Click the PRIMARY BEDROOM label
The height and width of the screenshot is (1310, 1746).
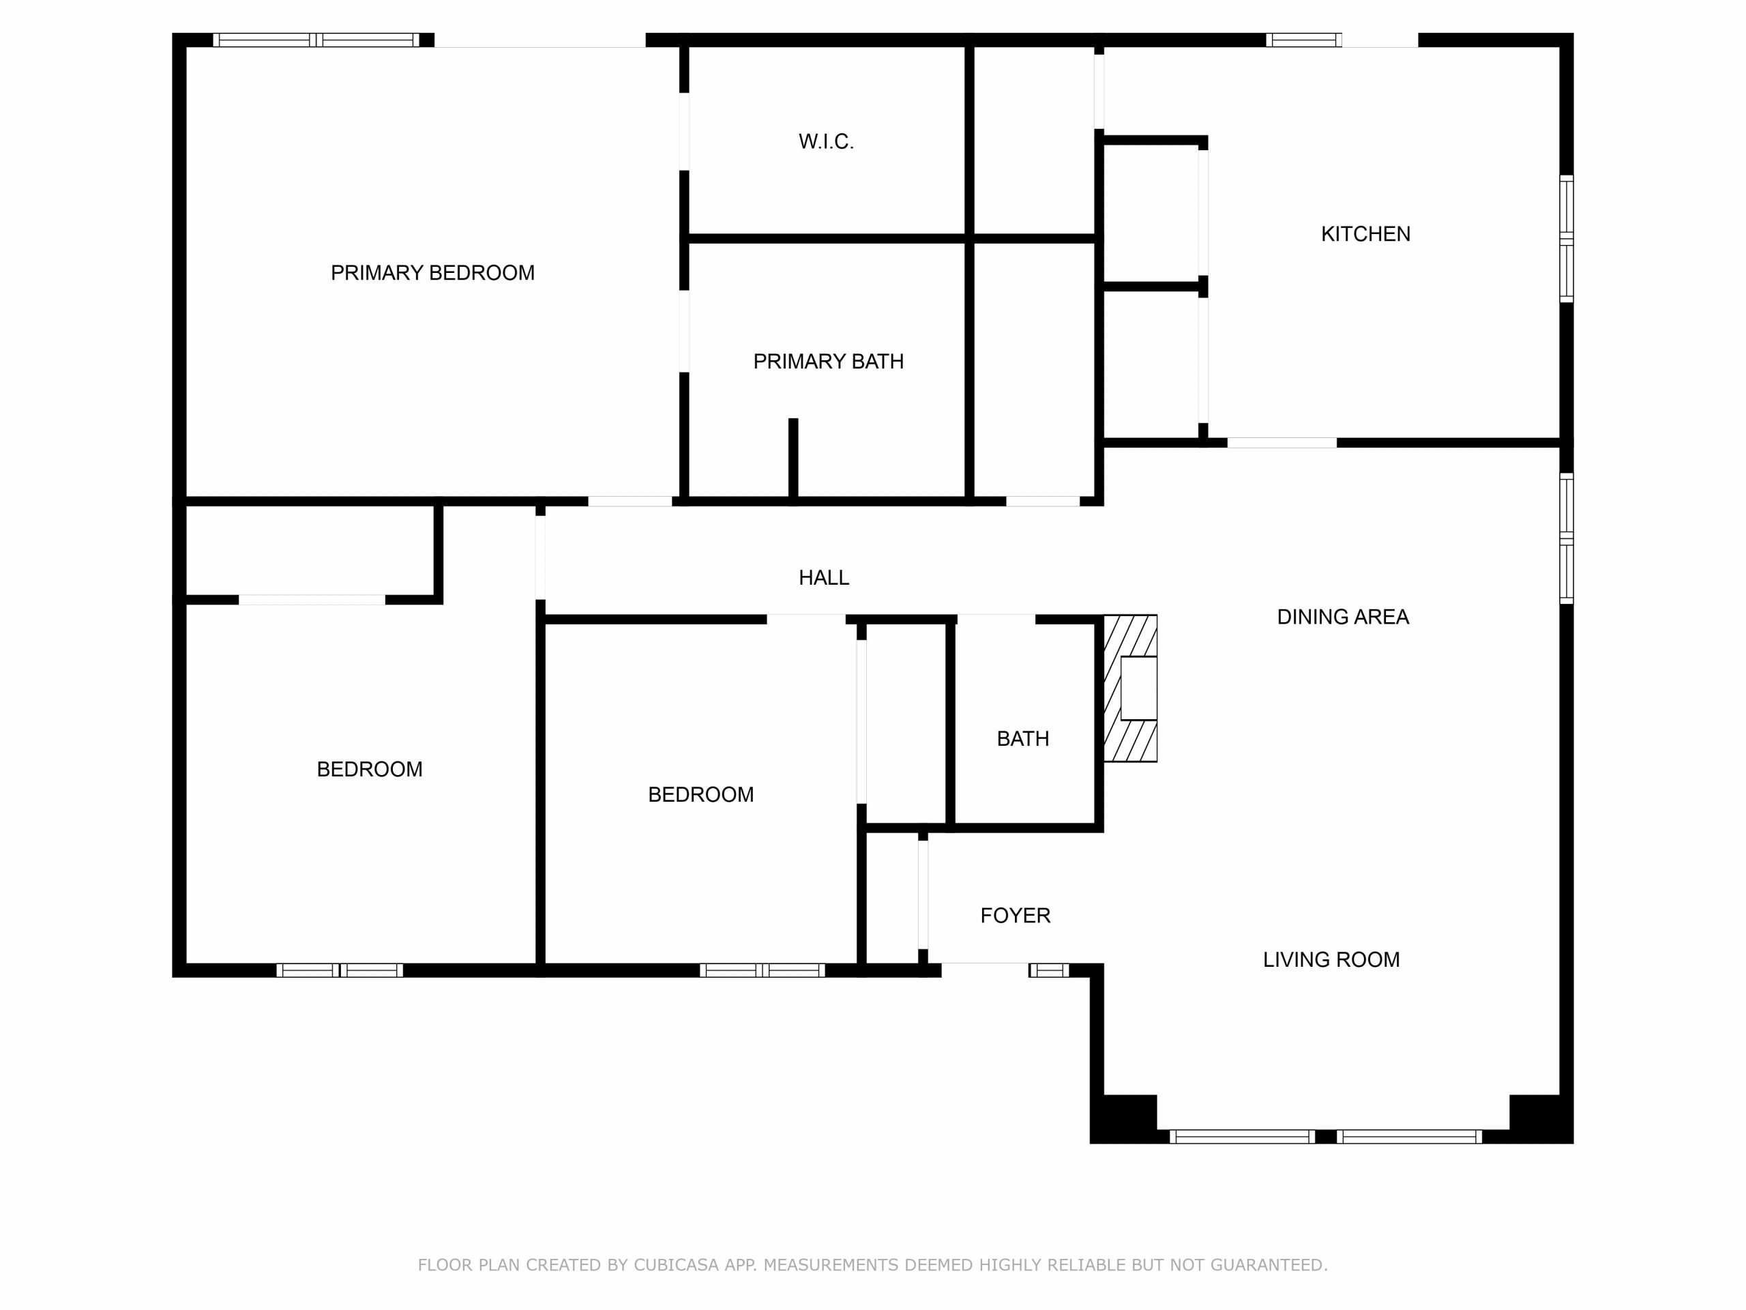coord(432,273)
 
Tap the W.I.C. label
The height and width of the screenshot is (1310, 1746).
coord(826,142)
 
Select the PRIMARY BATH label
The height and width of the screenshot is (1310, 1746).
coord(828,362)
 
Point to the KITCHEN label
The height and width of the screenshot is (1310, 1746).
coord(1365,234)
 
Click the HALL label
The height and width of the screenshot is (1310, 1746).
coord(824,578)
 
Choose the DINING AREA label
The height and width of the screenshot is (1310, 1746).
coord(1343,617)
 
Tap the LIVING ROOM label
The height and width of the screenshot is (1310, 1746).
coord(1331,959)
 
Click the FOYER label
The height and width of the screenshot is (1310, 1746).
coord(1015,915)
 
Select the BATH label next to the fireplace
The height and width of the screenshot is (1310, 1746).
coord(1023,739)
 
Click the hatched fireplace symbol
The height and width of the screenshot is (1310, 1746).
coord(1130,688)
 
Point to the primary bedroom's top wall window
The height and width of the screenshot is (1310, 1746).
coord(316,40)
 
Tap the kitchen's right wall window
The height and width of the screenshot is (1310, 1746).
coord(1567,239)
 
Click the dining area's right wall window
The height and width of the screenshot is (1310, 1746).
coord(1567,538)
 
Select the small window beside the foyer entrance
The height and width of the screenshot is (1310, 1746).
coord(1049,970)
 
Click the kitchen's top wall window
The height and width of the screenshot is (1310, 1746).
coord(1304,40)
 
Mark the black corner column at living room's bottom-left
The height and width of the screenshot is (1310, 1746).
coord(1124,1119)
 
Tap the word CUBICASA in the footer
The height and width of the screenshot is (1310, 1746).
coord(677,1265)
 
